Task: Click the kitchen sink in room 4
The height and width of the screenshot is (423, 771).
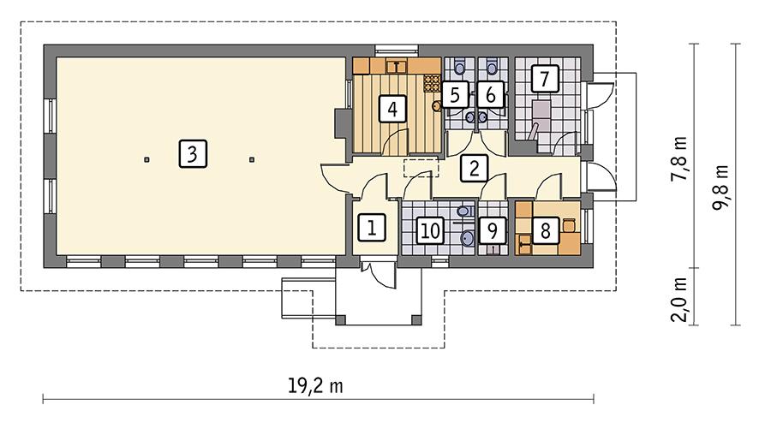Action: click(397, 64)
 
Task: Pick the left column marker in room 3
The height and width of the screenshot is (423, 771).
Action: click(146, 159)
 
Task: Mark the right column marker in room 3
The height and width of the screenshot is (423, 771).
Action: click(252, 159)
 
